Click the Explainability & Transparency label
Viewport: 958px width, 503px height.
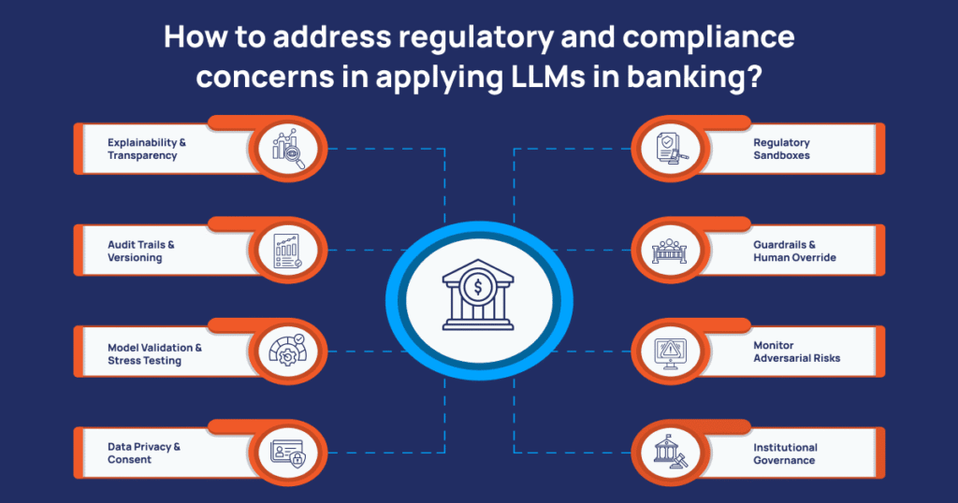(x=146, y=149)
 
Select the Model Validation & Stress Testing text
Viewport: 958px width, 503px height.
(x=154, y=353)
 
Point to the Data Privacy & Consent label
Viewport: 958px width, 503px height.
(x=143, y=453)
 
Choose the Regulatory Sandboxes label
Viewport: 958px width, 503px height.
(x=781, y=149)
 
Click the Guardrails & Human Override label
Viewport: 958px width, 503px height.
(x=794, y=251)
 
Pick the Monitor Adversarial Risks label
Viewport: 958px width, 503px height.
(x=796, y=352)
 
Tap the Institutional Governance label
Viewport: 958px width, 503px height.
(x=785, y=453)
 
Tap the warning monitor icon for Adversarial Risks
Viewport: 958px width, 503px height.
(x=669, y=352)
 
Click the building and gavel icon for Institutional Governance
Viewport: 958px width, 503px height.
(x=669, y=453)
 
